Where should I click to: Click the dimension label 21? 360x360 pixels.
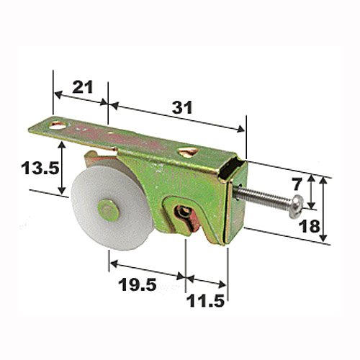pos(83,87)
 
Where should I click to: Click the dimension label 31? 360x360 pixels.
pos(182,107)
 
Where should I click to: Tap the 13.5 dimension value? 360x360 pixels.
pos(40,168)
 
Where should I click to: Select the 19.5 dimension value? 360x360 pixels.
pos(138,284)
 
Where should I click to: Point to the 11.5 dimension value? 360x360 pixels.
pos(205,301)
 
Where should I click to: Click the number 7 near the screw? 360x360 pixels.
pos(297,185)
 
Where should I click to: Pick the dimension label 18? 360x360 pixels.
pos(310,226)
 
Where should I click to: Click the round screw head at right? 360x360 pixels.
pos(297,207)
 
